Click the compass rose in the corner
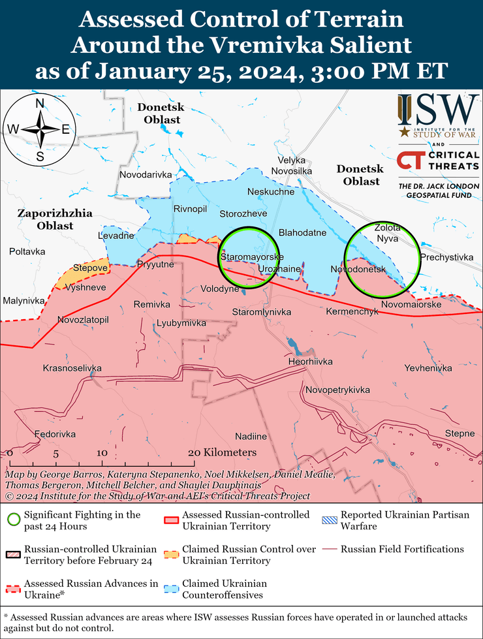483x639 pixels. pyautogui.click(x=40, y=129)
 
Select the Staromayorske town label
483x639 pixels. pyautogui.click(x=251, y=257)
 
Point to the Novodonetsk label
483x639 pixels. pyautogui.click(x=358, y=269)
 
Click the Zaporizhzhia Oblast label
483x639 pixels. pyautogui.click(x=55, y=219)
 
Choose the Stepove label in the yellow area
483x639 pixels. pyautogui.click(x=90, y=268)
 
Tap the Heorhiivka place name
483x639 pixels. pyautogui.click(x=310, y=362)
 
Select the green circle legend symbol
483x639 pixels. pyautogui.click(x=12, y=520)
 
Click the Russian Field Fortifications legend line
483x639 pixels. pyautogui.click(x=330, y=549)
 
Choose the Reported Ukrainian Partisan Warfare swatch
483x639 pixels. pyautogui.click(x=330, y=520)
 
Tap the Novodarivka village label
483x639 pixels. pyautogui.click(x=146, y=175)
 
